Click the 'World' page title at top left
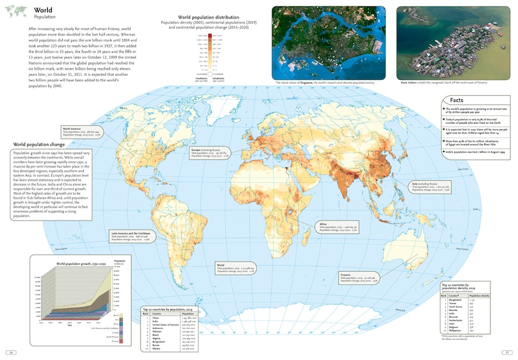tap(43, 10)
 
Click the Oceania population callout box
tap(357, 278)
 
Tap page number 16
tap(11, 352)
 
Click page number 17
tap(506, 352)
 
